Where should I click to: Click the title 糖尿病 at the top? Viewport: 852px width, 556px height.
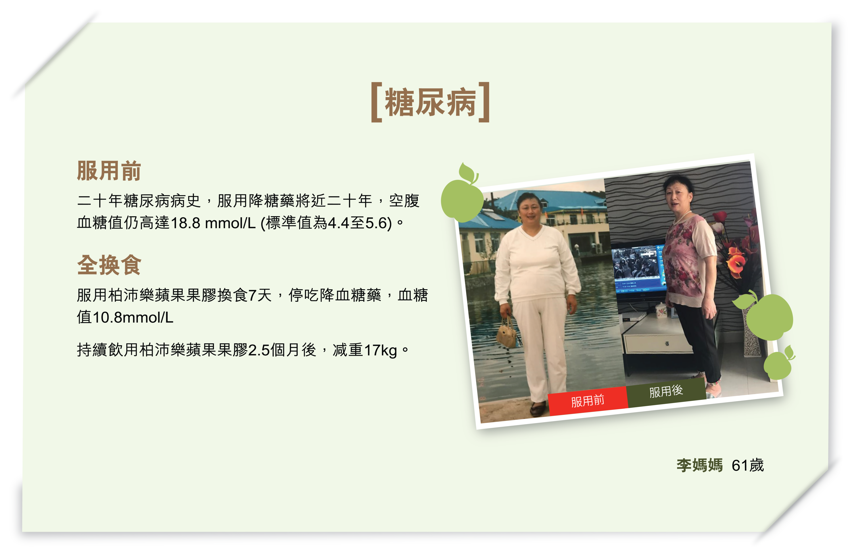pos(430,102)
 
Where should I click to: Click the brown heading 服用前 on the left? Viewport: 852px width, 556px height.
pos(109,171)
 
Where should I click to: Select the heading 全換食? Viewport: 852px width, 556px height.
pos(109,265)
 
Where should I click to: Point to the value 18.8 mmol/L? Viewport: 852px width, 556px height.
pos(213,223)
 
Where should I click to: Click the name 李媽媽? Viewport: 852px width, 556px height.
pos(699,465)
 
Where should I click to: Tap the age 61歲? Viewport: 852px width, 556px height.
pos(748,465)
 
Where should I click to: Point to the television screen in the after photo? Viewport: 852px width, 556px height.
pos(639,267)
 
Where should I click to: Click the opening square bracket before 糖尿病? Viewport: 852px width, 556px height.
pos(377,102)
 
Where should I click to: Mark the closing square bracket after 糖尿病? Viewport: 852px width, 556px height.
pos(484,102)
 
